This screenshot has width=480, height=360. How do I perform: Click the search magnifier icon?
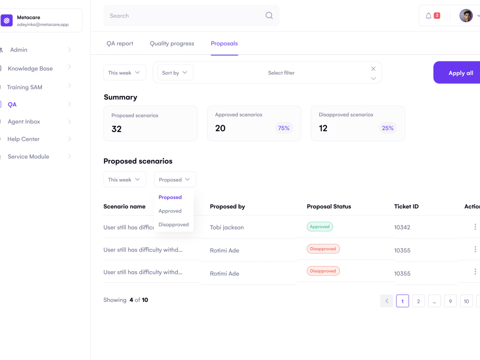pyautogui.click(x=269, y=15)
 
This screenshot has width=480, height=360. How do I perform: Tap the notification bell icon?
pyautogui.click(x=429, y=16)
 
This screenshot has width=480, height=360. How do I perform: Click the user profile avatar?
pyautogui.click(x=466, y=16)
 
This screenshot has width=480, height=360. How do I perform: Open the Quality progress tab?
pyautogui.click(x=172, y=44)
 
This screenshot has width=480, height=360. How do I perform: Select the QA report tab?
pyautogui.click(x=120, y=44)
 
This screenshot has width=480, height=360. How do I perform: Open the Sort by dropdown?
pyautogui.click(x=175, y=72)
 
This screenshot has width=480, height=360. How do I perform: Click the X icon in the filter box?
pyautogui.click(x=373, y=69)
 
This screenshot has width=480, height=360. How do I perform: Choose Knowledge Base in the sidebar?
pyautogui.click(x=30, y=69)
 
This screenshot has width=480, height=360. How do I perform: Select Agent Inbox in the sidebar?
pyautogui.click(x=24, y=121)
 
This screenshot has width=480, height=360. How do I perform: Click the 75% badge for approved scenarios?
pyautogui.click(x=284, y=128)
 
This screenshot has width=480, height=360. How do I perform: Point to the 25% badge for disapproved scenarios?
pyautogui.click(x=387, y=128)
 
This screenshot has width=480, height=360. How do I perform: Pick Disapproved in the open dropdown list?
pyautogui.click(x=174, y=224)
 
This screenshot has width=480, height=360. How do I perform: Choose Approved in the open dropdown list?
pyautogui.click(x=170, y=211)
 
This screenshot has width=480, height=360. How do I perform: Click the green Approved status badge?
pyautogui.click(x=320, y=227)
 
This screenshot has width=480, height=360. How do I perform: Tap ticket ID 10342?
pyautogui.click(x=402, y=227)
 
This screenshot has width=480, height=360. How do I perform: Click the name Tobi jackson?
pyautogui.click(x=227, y=228)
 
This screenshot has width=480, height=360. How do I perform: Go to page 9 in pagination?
pyautogui.click(x=450, y=301)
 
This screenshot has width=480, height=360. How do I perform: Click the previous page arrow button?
pyautogui.click(x=386, y=301)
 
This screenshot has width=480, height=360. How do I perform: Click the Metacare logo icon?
pyautogui.click(x=7, y=21)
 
